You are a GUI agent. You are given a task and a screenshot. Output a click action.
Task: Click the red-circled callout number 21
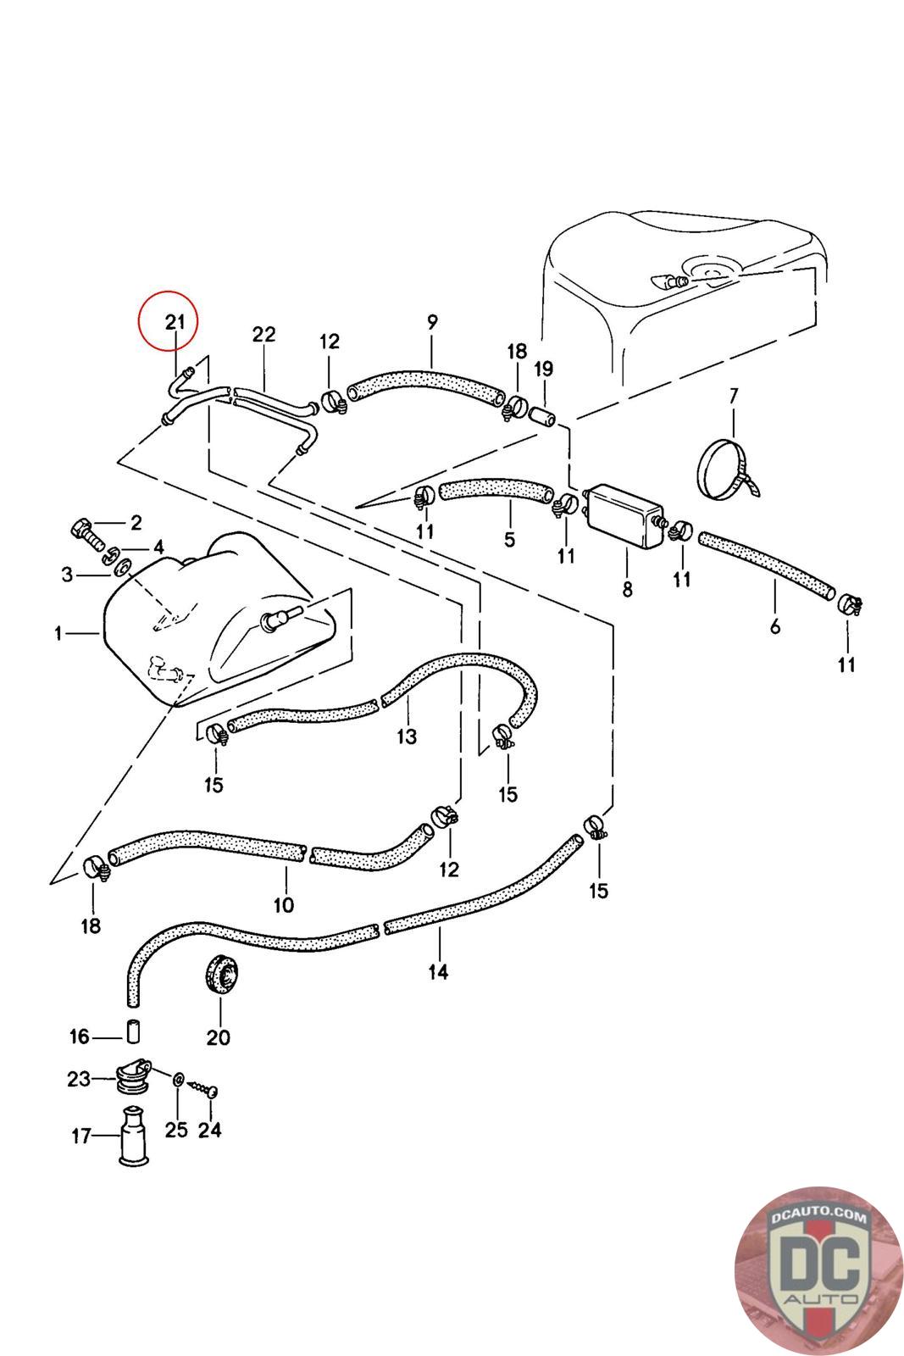175,322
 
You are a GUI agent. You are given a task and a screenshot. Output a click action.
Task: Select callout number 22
263,335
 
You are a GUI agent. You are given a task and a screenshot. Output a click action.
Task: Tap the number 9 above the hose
432,322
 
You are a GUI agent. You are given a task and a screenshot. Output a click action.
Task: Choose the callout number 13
407,736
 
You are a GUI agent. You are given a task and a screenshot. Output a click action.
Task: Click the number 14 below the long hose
437,972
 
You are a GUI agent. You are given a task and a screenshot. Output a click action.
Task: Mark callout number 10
283,904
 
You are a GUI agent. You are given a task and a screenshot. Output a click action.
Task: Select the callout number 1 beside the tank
58,633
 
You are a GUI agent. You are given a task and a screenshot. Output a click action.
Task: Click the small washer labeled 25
179,1081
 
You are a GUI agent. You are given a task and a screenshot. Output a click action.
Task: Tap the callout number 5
509,540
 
